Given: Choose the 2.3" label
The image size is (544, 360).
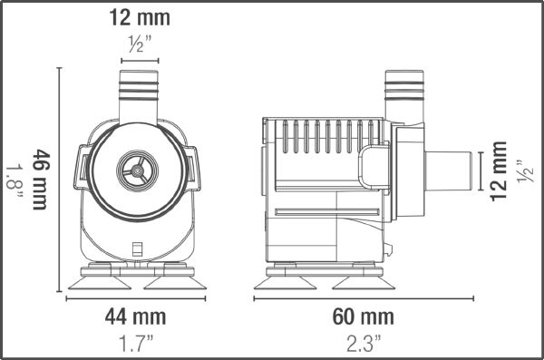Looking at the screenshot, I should point(364,342).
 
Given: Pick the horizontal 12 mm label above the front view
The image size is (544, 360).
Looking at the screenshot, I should point(139,17).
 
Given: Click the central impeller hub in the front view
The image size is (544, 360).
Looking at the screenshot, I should point(138,168).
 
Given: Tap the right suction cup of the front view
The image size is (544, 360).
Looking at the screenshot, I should point(174,280).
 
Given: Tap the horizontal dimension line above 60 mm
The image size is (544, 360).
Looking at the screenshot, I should point(364,297).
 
